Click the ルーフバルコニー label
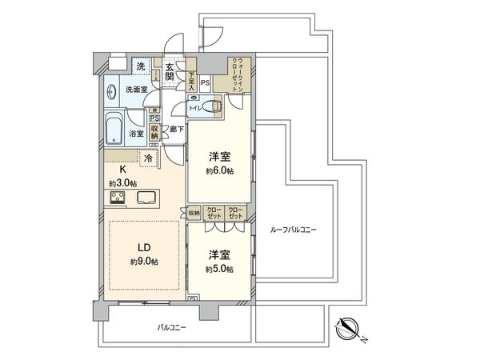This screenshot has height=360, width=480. pos(289,230)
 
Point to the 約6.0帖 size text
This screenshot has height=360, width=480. pos(218,171)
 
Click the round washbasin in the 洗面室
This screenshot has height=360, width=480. pos(111,90)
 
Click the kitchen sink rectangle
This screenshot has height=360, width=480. pos(148,198)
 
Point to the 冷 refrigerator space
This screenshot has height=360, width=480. pos(148,158)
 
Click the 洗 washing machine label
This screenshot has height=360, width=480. pos(141,66)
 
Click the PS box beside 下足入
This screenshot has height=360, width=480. pos(205,82)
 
